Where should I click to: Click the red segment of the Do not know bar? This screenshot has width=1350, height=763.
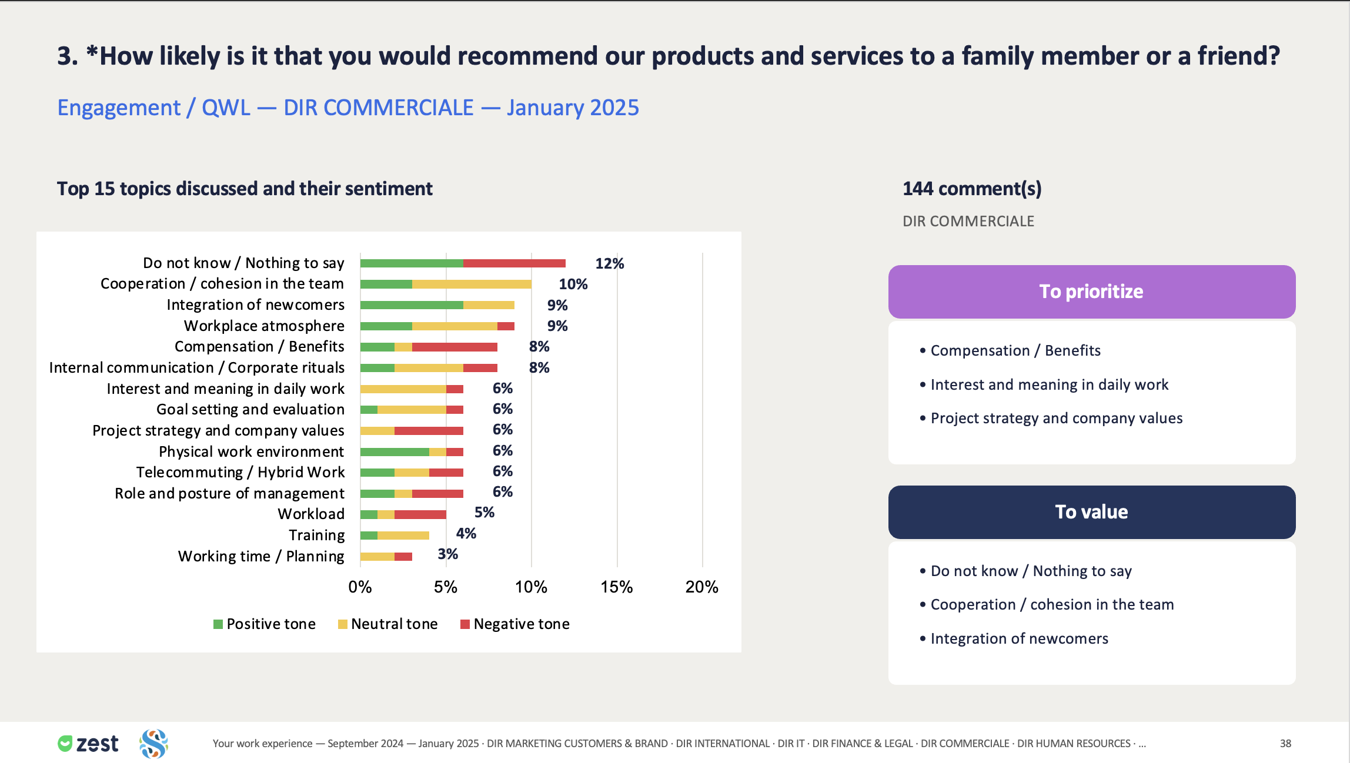coord(514,263)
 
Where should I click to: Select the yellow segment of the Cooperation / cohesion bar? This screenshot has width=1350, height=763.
coord(472,285)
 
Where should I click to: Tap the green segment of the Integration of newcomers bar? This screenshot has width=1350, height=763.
coord(412,305)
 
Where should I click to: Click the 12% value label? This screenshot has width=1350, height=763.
coord(610,263)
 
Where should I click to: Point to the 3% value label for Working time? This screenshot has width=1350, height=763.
coord(447,554)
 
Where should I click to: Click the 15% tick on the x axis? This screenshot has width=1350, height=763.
coord(617,587)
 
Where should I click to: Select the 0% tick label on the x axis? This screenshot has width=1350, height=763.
coord(360,587)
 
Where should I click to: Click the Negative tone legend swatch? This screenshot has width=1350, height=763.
coord(465,624)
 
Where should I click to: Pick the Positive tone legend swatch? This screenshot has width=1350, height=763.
coord(218,624)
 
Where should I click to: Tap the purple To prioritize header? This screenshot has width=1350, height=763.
coord(1092,292)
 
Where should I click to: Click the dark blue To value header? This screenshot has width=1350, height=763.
coord(1092,512)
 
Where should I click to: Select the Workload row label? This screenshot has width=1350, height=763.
coord(311,514)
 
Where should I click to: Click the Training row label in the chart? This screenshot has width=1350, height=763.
coord(317,535)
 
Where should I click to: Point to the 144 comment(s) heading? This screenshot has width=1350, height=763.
coord(972,189)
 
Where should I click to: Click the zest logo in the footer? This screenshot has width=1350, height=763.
coord(88,744)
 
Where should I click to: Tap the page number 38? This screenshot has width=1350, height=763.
coord(1285,744)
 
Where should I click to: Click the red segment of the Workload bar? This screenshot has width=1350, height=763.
coord(420,515)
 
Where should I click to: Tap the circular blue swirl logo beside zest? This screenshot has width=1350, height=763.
coord(154,744)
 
